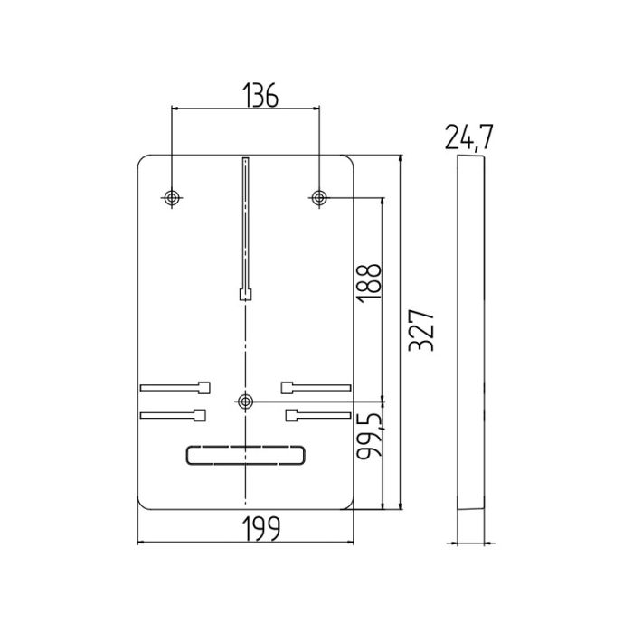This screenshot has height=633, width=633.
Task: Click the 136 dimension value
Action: click(260, 96)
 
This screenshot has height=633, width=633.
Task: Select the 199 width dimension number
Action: click(261, 528)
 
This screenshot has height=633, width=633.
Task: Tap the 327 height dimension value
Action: click(421, 331)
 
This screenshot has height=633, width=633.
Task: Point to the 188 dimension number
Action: click(369, 283)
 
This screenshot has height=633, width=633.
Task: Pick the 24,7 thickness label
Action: click(469, 137)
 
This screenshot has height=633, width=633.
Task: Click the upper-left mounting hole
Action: click(172, 198)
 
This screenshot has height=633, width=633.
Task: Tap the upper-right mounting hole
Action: click(319, 198)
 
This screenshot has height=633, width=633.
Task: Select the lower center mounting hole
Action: click(245, 402)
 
